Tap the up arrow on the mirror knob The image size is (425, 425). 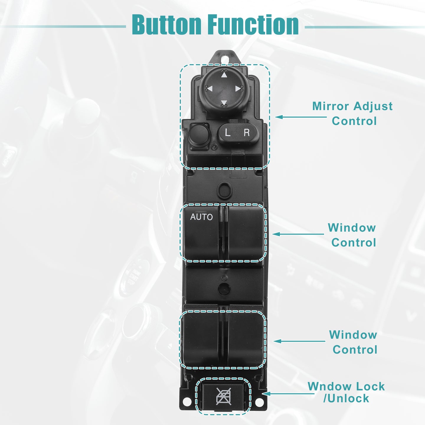[x=224, y=75]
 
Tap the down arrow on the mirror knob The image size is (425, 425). [x=224, y=102]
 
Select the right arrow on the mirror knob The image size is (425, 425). [x=238, y=89]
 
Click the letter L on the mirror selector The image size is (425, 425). [x=227, y=133]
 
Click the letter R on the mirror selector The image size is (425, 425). [x=246, y=133]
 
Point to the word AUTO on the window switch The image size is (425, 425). [x=201, y=217]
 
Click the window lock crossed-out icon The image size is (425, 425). [x=223, y=396]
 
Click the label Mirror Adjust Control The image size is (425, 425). [x=352, y=114]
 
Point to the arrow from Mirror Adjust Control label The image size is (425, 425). [x=301, y=117]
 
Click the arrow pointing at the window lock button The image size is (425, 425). [x=288, y=394]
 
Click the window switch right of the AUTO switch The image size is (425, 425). [x=246, y=233]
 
